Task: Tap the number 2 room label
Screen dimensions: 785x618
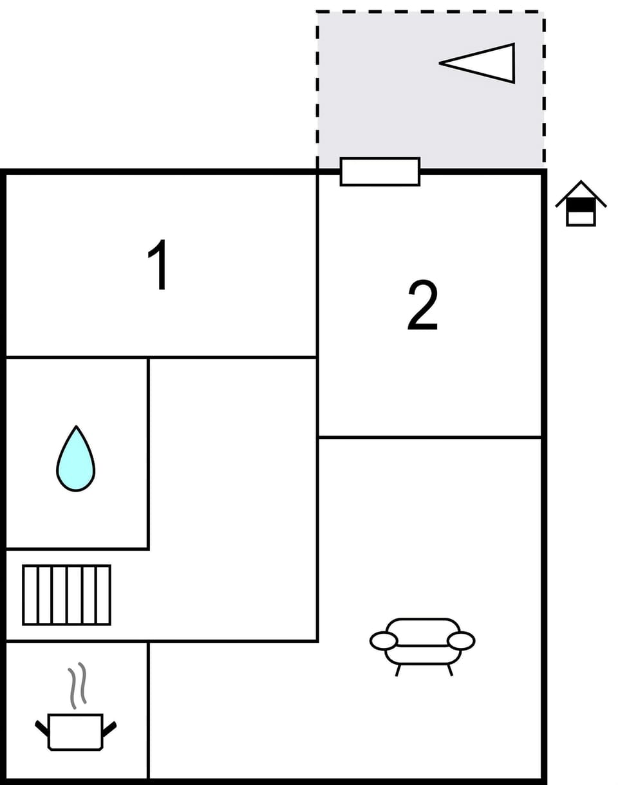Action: pyautogui.click(x=422, y=305)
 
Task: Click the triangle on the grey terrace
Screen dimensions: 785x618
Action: pyautogui.click(x=483, y=63)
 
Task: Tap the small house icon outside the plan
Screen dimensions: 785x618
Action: pyautogui.click(x=581, y=205)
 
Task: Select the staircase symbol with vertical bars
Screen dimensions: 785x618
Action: pyautogui.click(x=66, y=595)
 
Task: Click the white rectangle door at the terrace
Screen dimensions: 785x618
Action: pyautogui.click(x=380, y=172)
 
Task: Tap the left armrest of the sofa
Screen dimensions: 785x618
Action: pyautogui.click(x=384, y=641)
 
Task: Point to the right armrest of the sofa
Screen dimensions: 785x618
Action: pyautogui.click(x=461, y=641)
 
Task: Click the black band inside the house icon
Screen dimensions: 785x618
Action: pyautogui.click(x=581, y=205)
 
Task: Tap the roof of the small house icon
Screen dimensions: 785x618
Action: pyautogui.click(x=581, y=189)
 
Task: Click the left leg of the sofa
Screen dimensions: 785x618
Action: pyautogui.click(x=398, y=670)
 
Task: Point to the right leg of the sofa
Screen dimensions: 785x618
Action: pyautogui.click(x=450, y=670)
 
